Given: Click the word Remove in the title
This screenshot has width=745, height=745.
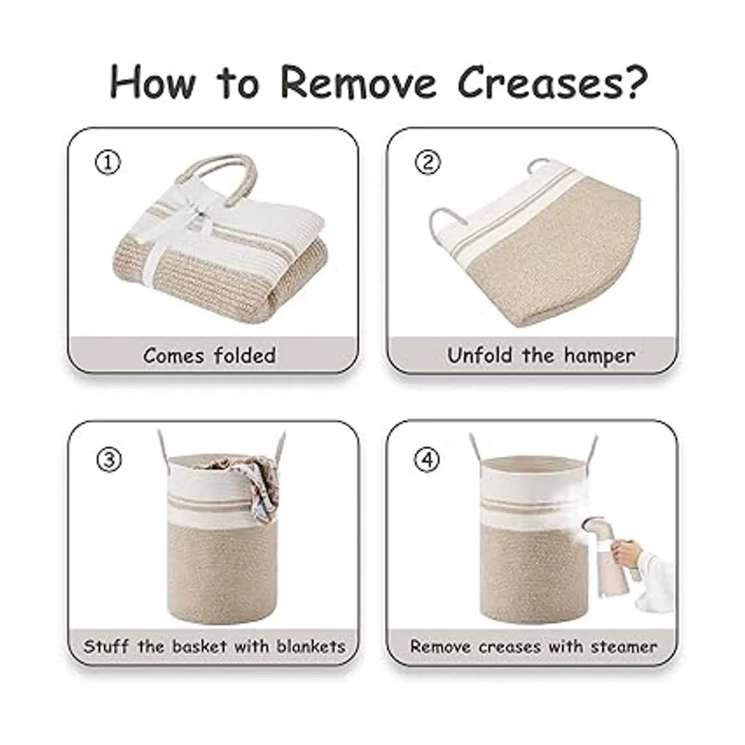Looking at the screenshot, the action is click(x=358, y=83).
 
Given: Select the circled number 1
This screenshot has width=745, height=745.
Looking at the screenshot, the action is click(x=108, y=163).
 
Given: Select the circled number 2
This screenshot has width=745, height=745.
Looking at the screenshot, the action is click(x=428, y=163).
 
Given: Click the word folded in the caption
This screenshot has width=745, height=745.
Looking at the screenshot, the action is click(x=245, y=354).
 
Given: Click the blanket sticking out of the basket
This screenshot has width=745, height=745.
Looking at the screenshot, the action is click(x=260, y=482).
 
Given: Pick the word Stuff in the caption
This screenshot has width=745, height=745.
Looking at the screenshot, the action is click(x=106, y=646).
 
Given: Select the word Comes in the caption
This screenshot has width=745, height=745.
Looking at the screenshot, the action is click(x=173, y=355).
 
